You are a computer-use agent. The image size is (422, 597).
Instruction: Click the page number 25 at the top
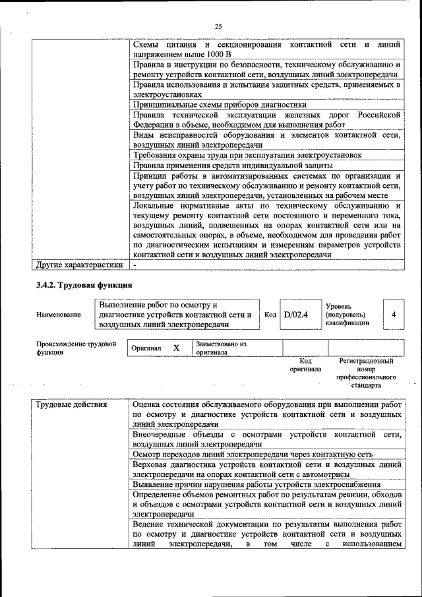(x=218, y=26)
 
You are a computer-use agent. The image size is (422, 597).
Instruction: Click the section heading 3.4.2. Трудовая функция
(x=84, y=285)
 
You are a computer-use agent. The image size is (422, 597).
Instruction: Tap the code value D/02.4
(x=295, y=314)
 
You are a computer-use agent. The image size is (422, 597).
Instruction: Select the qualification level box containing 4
(x=393, y=315)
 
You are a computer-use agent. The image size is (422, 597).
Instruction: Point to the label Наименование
(x=59, y=315)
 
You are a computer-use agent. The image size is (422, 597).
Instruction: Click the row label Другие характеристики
(x=79, y=265)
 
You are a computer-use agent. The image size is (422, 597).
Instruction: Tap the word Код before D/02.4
(x=270, y=315)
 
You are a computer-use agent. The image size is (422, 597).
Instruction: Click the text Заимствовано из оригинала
(x=221, y=348)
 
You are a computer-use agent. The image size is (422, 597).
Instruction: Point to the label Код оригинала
(x=305, y=365)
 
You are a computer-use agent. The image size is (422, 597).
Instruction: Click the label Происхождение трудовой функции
(x=76, y=348)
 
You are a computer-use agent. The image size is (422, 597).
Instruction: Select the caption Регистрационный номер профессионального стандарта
(x=366, y=373)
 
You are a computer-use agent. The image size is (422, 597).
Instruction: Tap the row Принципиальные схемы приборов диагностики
(x=220, y=104)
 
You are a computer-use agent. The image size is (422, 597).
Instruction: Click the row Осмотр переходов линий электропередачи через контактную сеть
(x=253, y=455)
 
